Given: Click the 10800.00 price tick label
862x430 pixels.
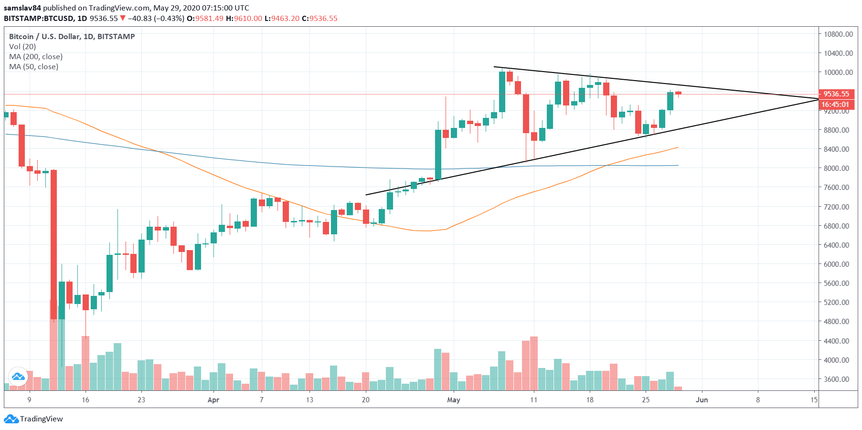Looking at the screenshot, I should pos(838,34).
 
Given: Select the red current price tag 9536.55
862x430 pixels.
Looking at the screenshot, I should pos(836,94).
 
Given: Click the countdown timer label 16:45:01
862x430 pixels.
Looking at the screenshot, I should pos(835,105).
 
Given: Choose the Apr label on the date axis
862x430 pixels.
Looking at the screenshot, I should pos(213,400).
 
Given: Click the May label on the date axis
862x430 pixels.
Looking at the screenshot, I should pos(453,400).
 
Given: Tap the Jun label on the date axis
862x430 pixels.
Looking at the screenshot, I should pos(702,400).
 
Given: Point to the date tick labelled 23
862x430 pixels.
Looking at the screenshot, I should pos(141,400).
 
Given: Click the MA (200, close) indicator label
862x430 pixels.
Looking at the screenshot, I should pos(36,57).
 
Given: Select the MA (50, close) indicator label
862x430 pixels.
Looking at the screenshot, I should pos(34,67).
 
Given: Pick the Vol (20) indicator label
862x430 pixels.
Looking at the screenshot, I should pos(22,47).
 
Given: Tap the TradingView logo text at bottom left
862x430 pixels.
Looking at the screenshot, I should pos(41,419).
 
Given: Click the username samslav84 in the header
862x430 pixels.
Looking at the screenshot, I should pos(22,8).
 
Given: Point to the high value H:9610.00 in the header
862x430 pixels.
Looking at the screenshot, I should pos(244,19).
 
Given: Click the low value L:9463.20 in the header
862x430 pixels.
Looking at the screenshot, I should pos(282,19).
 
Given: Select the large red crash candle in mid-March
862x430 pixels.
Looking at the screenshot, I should pos(54,243).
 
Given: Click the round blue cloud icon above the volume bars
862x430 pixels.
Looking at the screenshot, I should pos(18,377).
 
